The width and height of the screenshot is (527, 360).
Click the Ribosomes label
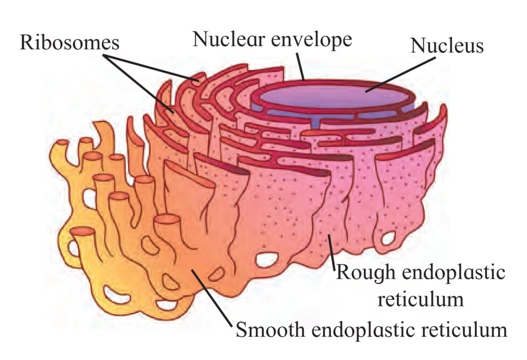pyautogui.click(x=69, y=43)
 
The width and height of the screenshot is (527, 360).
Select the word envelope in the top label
pyautogui.click(x=311, y=41)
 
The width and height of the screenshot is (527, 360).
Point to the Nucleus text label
pyautogui.click(x=447, y=45)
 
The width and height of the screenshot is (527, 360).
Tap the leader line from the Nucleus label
pyautogui.click(x=400, y=74)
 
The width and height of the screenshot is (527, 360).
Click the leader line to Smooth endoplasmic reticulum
pyautogui.click(x=212, y=297)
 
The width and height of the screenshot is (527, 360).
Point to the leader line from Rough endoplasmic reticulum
pyautogui.click(x=332, y=253)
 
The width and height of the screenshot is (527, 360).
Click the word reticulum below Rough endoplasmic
pyautogui.click(x=420, y=299)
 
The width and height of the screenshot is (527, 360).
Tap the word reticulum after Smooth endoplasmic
pyautogui.click(x=464, y=330)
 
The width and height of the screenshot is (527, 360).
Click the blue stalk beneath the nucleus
pyautogui.click(x=315, y=123)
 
